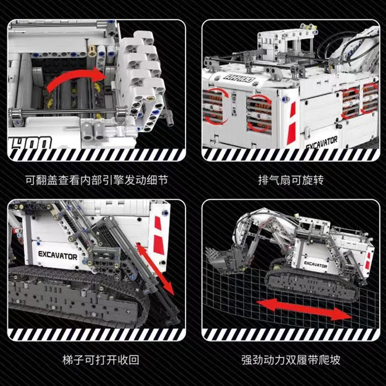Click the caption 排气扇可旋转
[291, 180]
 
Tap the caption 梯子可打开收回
[97, 360]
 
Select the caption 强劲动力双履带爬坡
[291, 360]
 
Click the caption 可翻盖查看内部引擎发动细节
[97, 180]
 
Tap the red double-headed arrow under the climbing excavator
[304, 308]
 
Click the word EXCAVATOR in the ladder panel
[58, 256]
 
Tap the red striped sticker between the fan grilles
[292, 116]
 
